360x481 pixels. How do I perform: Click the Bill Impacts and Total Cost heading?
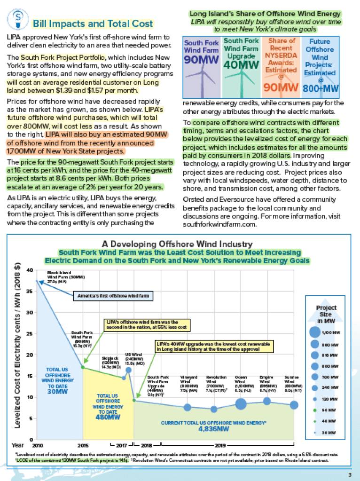coord(93,24)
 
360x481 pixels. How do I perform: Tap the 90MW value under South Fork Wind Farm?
coord(201,60)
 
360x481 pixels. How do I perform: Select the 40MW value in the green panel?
coord(241,64)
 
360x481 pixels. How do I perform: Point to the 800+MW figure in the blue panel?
coord(321,88)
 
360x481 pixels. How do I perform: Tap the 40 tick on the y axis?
coord(30,270)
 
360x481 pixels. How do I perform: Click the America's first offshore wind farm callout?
coord(114,296)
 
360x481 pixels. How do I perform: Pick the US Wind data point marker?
coord(128,370)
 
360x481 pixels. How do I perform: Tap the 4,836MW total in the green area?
coord(213,429)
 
